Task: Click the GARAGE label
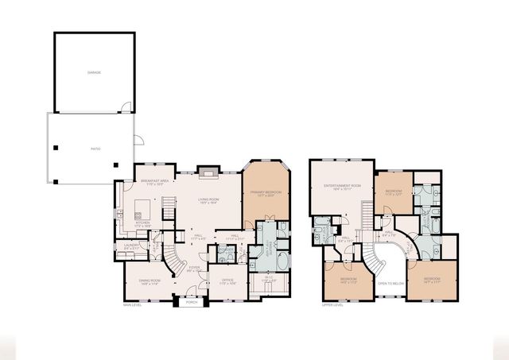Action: pyautogui.click(x=94, y=72)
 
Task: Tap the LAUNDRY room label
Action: pyautogui.click(x=132, y=247)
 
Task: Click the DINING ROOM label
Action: pyautogui.click(x=150, y=281)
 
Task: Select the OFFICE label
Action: pyautogui.click(x=227, y=281)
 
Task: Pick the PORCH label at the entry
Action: pyautogui.click(x=191, y=303)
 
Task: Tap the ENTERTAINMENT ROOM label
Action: pyautogui.click(x=342, y=188)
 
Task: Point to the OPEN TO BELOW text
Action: pyautogui.click(x=390, y=283)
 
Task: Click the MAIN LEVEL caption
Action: pyautogui.click(x=132, y=304)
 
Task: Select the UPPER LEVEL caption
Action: pyautogui.click(x=332, y=304)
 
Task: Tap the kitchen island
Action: pyautogui.click(x=142, y=209)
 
